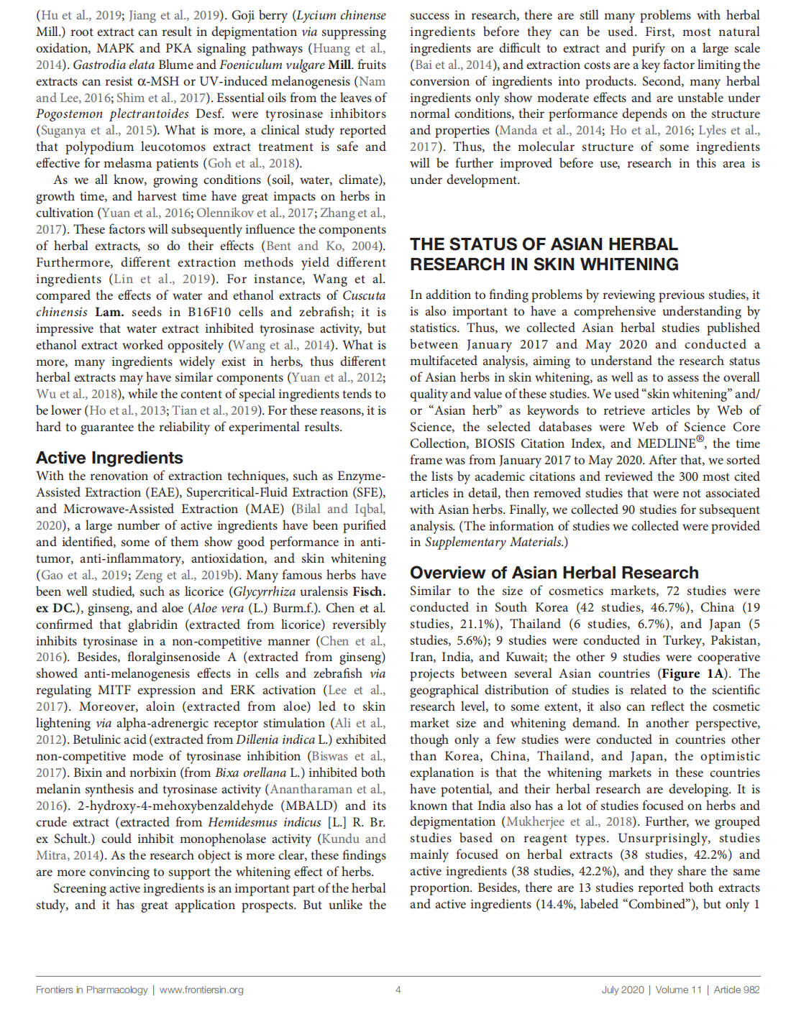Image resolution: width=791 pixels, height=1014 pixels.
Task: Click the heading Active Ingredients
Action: point(109,458)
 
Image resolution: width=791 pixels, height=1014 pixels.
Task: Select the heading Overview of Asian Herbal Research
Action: point(554,573)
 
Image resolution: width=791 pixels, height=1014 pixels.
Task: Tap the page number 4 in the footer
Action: point(398,990)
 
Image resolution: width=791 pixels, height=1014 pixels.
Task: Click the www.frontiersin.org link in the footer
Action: point(201,990)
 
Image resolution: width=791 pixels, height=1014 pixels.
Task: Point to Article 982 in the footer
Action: point(736,990)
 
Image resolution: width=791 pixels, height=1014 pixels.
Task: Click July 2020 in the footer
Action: point(623,990)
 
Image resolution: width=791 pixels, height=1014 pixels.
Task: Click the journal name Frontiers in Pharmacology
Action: point(92,990)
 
